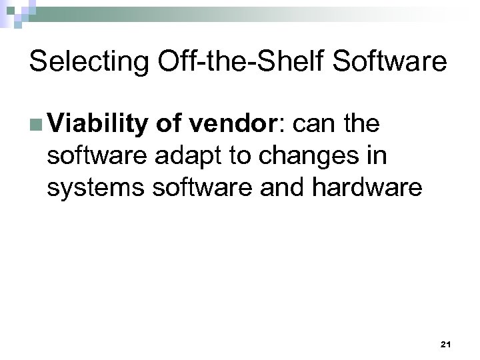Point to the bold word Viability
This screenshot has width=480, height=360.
(97, 125)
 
